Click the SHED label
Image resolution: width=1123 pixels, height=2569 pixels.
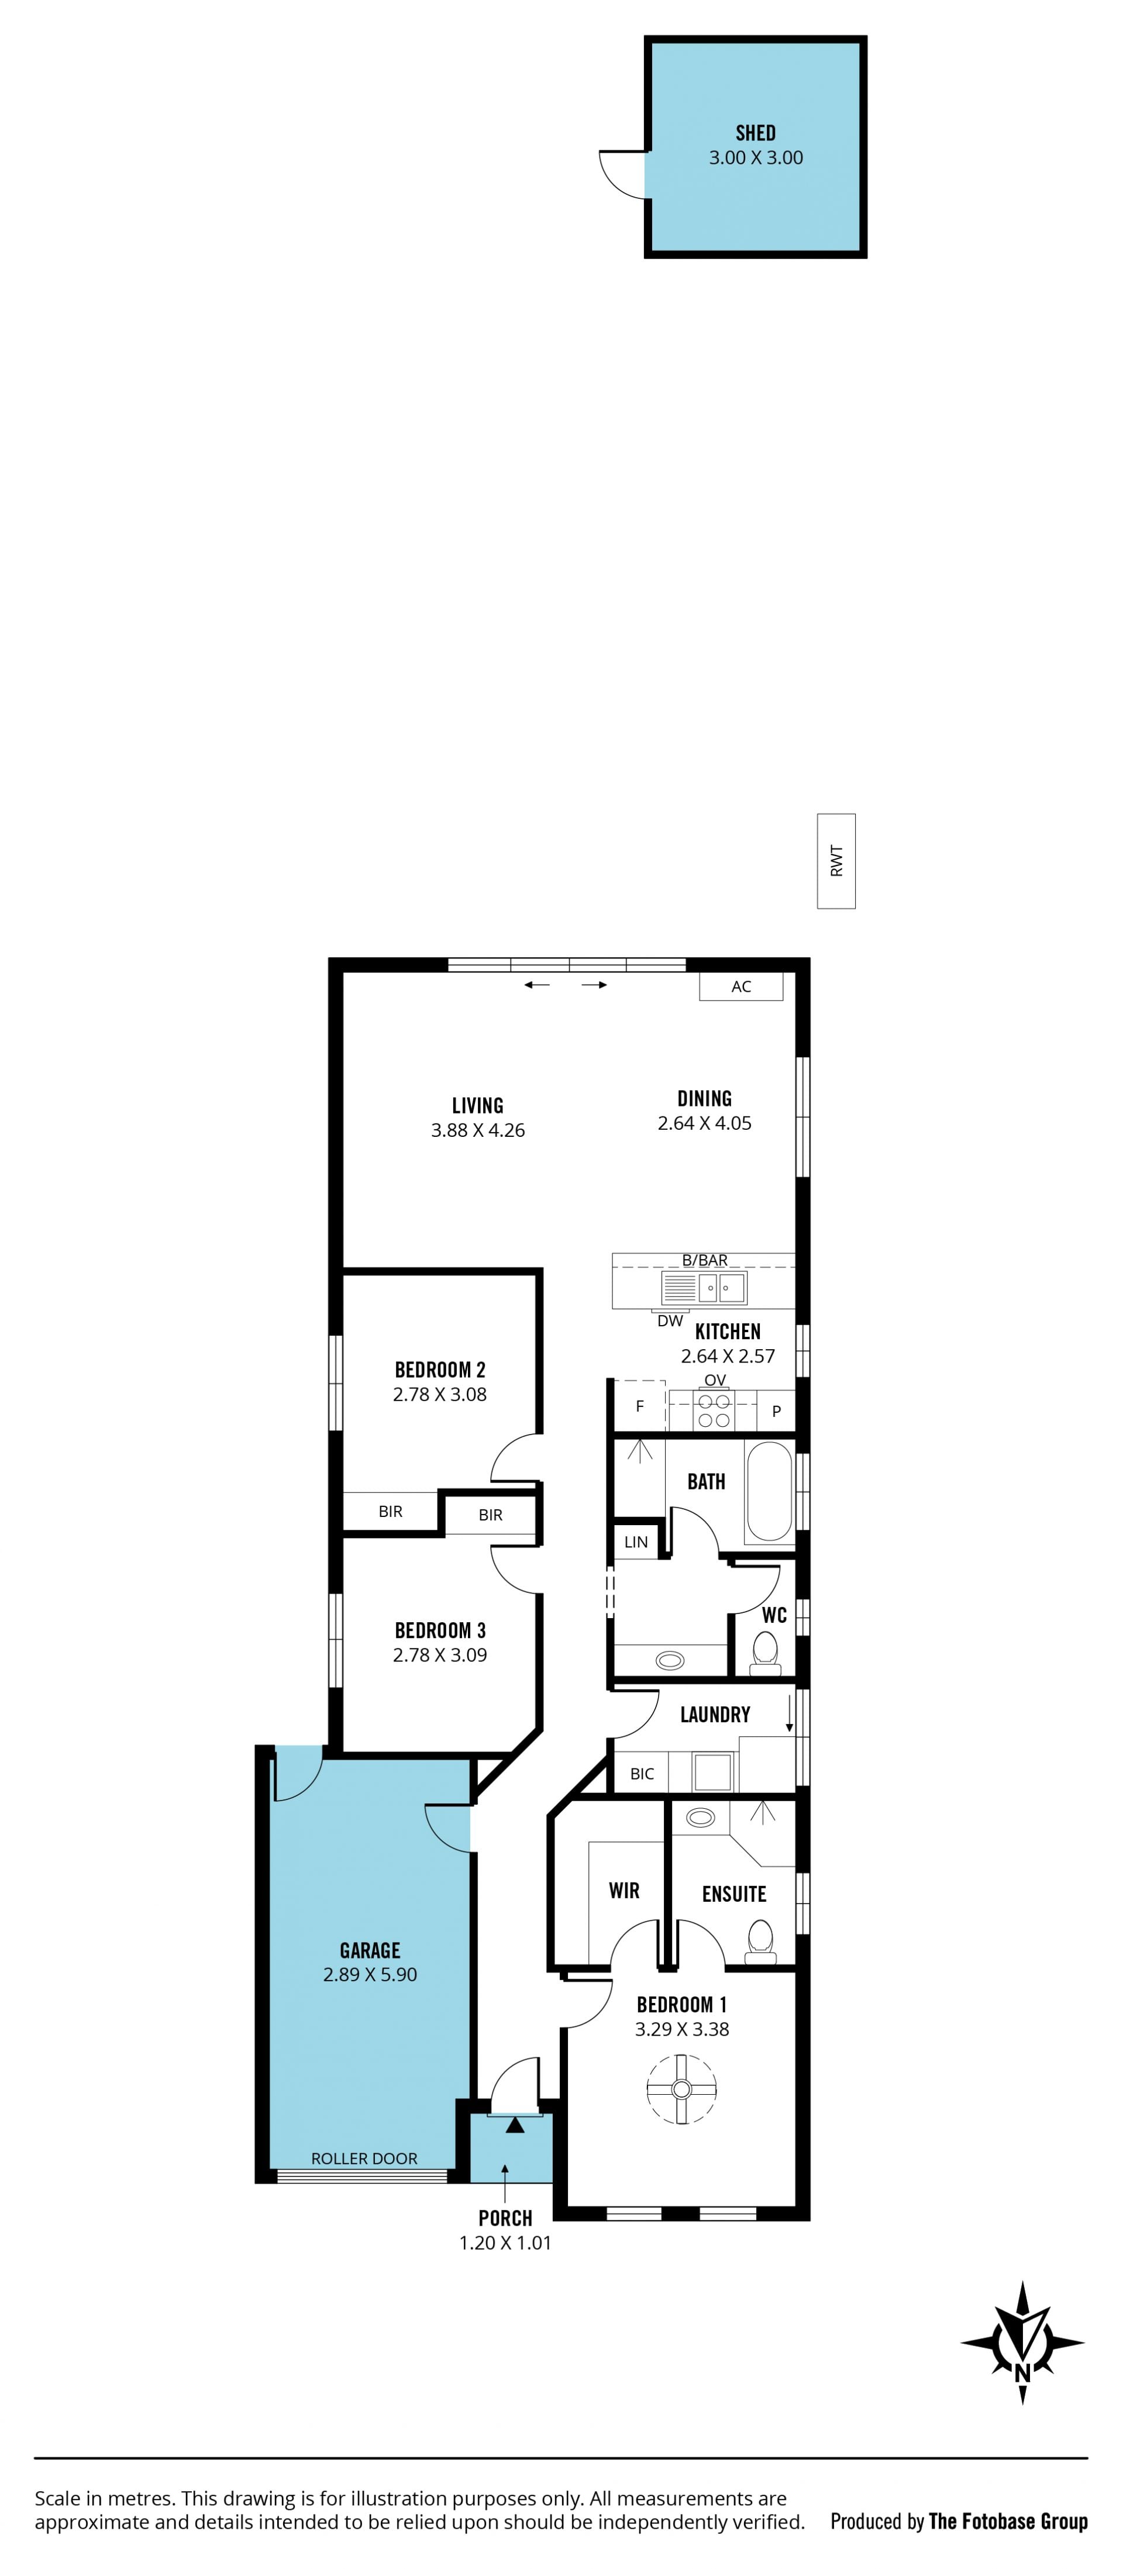[x=755, y=133]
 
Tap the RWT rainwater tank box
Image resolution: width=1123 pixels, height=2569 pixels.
[x=836, y=861]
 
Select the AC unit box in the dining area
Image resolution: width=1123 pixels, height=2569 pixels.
[x=741, y=987]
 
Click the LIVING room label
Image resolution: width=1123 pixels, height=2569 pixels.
[x=478, y=1105]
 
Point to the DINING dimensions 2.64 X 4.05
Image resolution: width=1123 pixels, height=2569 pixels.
[x=704, y=1123]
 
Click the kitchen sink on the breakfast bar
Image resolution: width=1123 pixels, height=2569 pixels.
[x=704, y=1288]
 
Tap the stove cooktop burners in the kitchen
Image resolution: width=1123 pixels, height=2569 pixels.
[x=714, y=1410]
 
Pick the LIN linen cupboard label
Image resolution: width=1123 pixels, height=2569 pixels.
[x=635, y=1542]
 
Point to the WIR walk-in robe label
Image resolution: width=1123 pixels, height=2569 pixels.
[x=624, y=1890]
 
